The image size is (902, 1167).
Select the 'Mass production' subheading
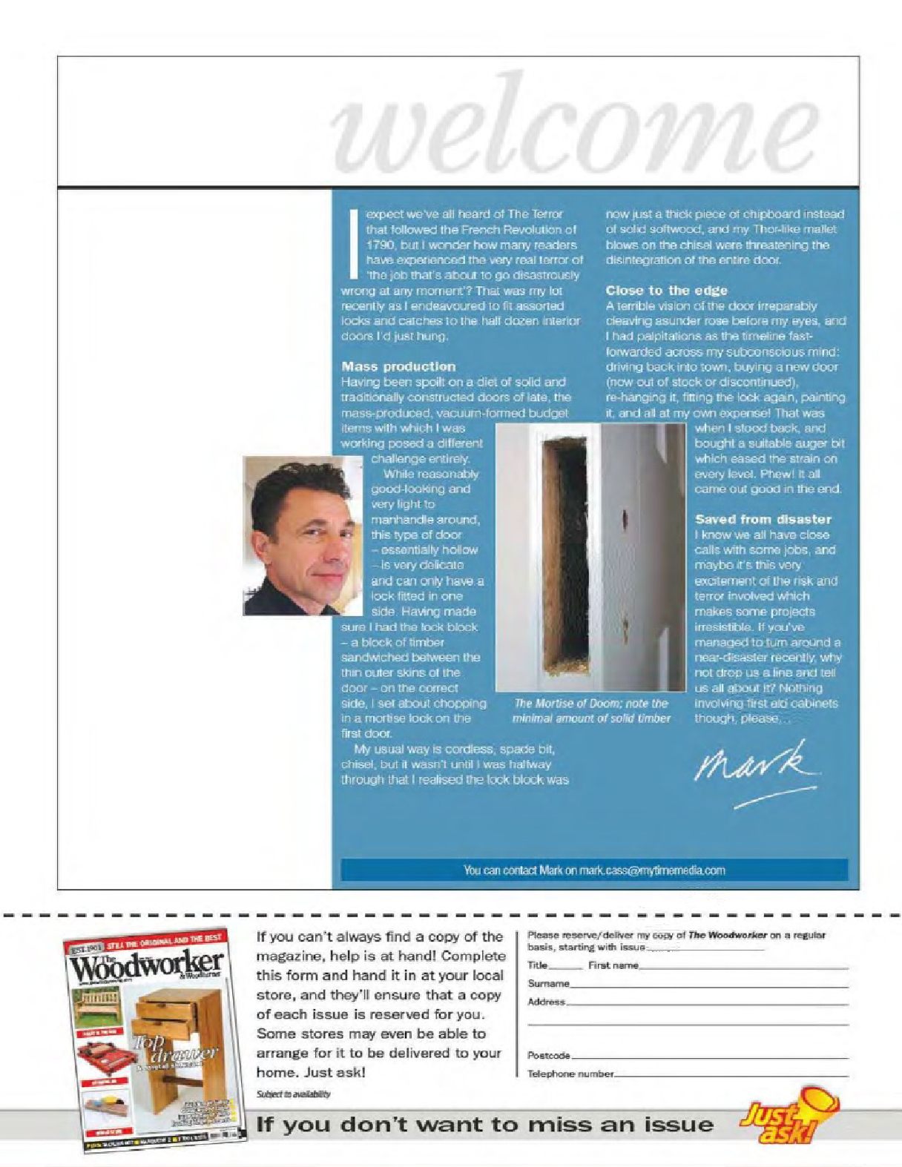pyautogui.click(x=398, y=366)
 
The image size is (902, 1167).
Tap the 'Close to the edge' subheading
pyautogui.click(x=666, y=291)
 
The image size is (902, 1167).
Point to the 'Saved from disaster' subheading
pyautogui.click(x=763, y=519)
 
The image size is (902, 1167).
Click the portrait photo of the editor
pyautogui.click(x=303, y=535)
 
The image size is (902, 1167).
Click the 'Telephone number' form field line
pyautogui.click(x=731, y=1074)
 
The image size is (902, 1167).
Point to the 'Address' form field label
pyautogui.click(x=546, y=1002)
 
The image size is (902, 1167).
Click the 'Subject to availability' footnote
pyautogui.click(x=294, y=1094)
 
